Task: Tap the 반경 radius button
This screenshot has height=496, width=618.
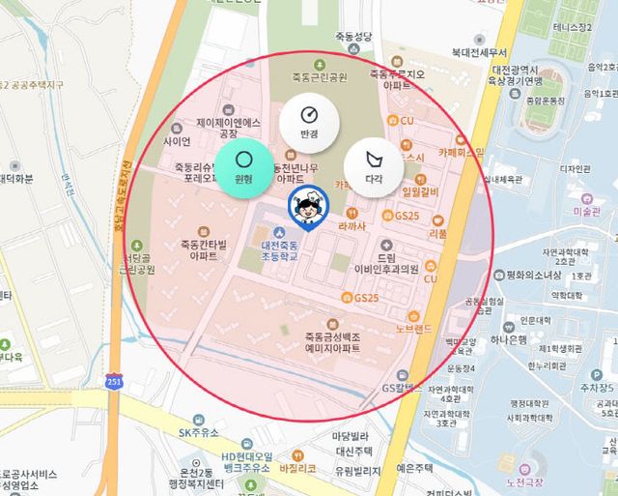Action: (309, 124)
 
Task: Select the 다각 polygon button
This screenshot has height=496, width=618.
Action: (374, 165)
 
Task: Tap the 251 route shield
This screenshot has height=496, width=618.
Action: (115, 381)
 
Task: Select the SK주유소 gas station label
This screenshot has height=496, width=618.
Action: (200, 432)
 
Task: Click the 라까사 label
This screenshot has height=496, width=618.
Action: (351, 225)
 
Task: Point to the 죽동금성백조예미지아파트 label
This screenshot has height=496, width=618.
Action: (319, 340)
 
